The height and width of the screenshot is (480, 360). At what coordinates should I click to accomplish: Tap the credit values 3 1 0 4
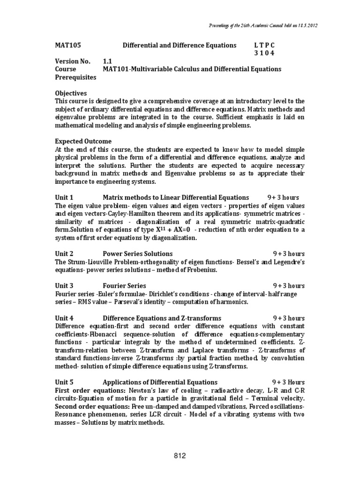[x=264, y=53]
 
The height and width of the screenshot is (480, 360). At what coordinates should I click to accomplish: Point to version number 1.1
[x=108, y=61]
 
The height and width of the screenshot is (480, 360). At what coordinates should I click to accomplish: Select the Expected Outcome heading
[x=83, y=141]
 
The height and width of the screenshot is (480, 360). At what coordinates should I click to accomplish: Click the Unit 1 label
[x=64, y=197]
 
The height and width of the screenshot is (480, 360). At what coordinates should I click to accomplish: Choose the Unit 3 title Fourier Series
[x=124, y=285]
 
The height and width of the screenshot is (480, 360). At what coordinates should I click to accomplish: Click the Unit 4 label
[x=64, y=318]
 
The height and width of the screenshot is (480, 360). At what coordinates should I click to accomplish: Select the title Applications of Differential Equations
[x=160, y=382]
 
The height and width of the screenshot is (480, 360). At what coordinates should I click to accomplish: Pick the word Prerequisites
[x=75, y=77]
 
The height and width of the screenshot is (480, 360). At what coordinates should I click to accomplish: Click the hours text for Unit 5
[x=289, y=382]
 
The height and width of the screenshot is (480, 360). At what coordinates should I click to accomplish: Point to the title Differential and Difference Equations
[x=180, y=45]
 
